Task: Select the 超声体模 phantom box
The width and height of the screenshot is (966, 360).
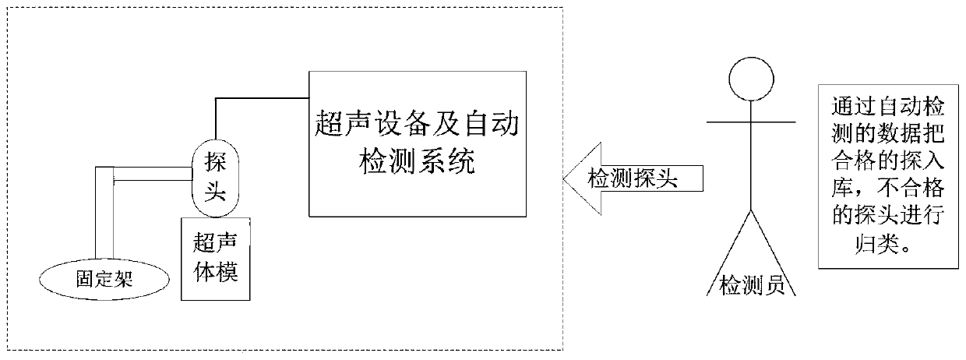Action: click(x=217, y=259)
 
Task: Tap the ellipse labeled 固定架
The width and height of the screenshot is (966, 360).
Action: click(x=104, y=278)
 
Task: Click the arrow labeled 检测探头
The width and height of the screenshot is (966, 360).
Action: click(x=629, y=178)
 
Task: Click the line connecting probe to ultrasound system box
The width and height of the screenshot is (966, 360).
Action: click(x=257, y=98)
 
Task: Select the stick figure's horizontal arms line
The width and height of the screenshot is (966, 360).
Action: click(x=750, y=122)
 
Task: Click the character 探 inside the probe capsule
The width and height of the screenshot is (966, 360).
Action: click(x=213, y=162)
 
